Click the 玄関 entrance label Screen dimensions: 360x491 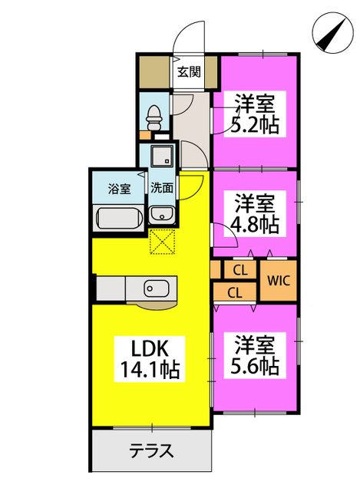point(189,72)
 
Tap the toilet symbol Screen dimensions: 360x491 point(154,117)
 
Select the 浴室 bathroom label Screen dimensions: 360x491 point(119,189)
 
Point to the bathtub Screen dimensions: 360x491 point(120,218)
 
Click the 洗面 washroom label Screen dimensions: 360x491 point(162,188)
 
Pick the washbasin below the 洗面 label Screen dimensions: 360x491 point(162,215)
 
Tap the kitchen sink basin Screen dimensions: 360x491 point(157,288)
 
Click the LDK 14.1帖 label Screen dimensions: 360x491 point(150,359)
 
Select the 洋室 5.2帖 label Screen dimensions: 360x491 point(254,114)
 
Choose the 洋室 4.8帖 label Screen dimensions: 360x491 point(254,213)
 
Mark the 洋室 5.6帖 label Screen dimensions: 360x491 point(254,355)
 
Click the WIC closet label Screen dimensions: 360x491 point(279,281)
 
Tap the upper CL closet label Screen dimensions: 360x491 point(240,270)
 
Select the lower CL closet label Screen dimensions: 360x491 point(235,293)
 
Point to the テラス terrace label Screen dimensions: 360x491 point(151,451)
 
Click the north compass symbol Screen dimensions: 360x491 point(332,32)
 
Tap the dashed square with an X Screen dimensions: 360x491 point(162,242)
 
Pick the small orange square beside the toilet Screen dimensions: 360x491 point(145,135)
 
